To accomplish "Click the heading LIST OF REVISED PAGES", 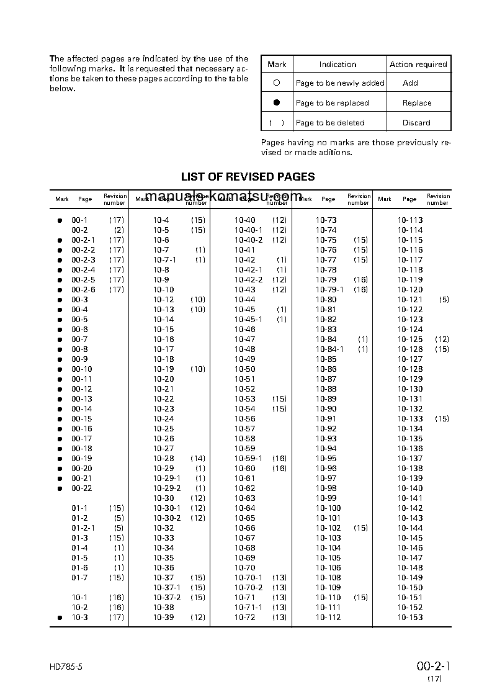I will tap(248, 177).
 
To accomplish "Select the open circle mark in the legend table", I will tap(277, 83).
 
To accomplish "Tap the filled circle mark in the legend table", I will tap(277, 102).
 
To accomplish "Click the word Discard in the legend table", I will tap(416, 123).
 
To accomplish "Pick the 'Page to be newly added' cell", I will tap(340, 83).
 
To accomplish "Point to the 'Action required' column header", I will tap(418, 65).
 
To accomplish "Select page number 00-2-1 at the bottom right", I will tap(433, 667).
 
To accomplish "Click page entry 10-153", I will tap(410, 618).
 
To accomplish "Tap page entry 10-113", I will tap(410, 220).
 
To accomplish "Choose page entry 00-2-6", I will tap(83, 290).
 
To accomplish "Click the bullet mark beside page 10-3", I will tap(60, 618).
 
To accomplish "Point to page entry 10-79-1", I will tap(329, 290).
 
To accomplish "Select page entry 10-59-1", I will tap(248, 459).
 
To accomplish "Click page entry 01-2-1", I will tap(83, 528).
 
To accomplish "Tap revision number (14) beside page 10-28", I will tap(197, 459).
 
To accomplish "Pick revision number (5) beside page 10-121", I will tap(444, 300).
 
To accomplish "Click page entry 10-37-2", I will tap(167, 598).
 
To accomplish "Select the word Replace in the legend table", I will tap(417, 103).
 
